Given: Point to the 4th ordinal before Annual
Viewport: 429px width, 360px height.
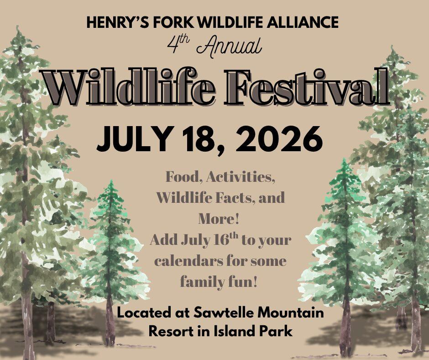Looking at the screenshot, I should (x=176, y=44).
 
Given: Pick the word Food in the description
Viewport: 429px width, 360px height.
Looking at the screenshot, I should (x=182, y=177).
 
